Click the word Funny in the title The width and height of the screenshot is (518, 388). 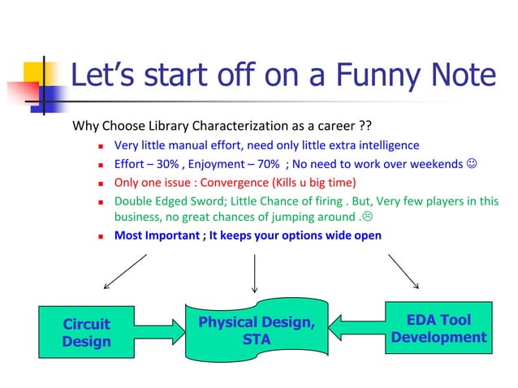[x=369, y=75]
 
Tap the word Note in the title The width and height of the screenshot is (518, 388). [x=460, y=75]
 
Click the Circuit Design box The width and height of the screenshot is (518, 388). [x=86, y=333]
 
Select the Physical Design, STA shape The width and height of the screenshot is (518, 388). [x=256, y=331]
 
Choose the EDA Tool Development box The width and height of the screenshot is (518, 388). [x=438, y=329]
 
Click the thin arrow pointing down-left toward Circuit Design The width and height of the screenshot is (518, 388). [x=124, y=271]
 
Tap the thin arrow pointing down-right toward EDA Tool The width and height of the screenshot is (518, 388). [x=404, y=271]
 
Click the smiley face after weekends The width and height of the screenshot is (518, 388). [x=472, y=165]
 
